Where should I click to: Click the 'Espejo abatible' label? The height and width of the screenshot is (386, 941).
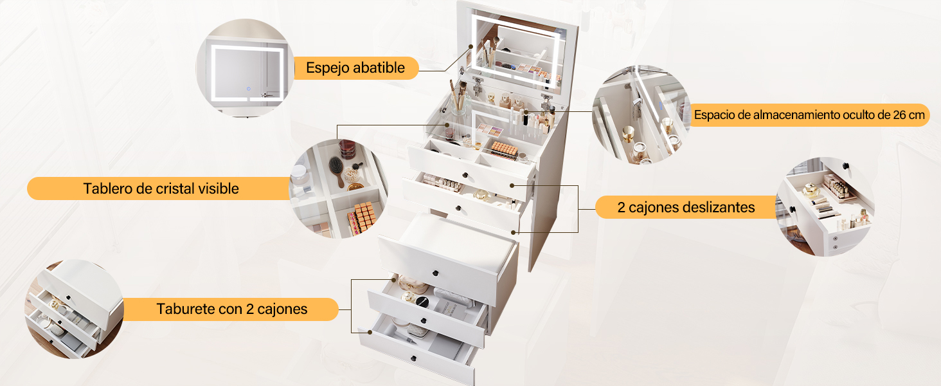tap(355, 68)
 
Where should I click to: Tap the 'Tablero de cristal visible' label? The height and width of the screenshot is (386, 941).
tap(161, 188)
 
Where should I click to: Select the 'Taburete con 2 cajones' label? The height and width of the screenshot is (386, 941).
tap(232, 309)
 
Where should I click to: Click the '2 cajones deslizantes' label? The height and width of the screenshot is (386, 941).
tap(686, 207)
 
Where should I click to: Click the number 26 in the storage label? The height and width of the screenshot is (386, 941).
tap(899, 115)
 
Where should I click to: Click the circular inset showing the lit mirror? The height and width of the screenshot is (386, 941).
tap(246, 68)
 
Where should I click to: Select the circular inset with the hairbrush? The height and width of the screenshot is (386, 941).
tap(339, 188)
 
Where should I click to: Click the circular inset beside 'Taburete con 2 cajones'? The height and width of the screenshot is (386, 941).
tap(75, 309)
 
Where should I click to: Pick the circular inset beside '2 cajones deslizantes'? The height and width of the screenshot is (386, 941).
tap(825, 207)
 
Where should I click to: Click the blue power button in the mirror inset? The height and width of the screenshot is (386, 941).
tap(249, 89)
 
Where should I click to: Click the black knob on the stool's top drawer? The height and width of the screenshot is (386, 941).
tap(436, 273)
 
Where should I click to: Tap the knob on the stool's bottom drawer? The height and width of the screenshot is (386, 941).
tap(414, 359)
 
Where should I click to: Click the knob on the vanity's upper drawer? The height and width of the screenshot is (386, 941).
tap(465, 175)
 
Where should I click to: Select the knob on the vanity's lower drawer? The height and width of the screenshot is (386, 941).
tap(458, 208)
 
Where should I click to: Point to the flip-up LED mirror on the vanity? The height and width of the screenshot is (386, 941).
tap(517, 50)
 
